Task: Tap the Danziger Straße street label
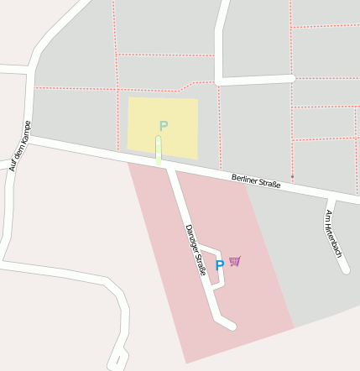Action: [196, 249]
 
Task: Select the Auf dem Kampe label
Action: [19, 145]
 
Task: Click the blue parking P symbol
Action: [220, 265]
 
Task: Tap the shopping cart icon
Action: [234, 261]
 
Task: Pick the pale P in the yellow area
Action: [164, 126]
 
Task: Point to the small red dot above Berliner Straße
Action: [292, 176]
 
